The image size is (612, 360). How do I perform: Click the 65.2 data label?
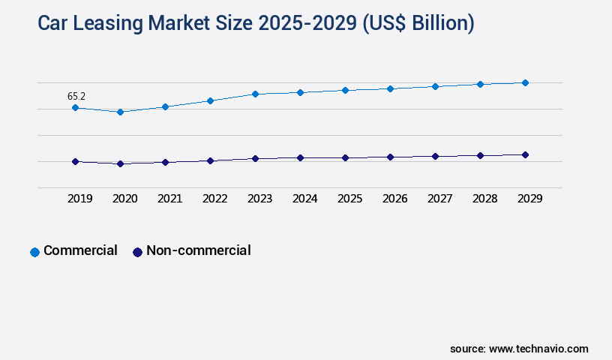pos(76,96)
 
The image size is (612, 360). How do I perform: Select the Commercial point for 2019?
pos(75,108)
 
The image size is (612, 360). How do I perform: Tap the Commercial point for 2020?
pos(120,112)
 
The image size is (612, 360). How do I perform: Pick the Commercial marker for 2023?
pos(255,94)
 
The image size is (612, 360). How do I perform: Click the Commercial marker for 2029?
pos(525,82)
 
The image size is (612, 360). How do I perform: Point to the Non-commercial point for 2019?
pos(75,161)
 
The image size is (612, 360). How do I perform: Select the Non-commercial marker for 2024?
pos(300,157)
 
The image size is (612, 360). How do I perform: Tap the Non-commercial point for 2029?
pos(525,154)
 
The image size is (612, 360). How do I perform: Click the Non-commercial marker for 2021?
pos(165,162)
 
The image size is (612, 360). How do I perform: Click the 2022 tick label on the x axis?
pos(214,199)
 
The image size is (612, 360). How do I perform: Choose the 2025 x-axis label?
pos(349,199)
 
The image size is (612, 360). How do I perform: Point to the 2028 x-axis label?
pos(484,199)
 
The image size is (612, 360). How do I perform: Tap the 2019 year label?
pos(79,199)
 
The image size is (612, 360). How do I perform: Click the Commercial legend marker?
pos(34,252)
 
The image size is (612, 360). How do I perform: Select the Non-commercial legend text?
pos(198,250)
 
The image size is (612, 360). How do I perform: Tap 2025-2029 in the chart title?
pos(307,24)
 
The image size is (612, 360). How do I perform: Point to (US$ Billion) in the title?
pos(418,24)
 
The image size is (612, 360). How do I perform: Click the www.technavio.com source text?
pos(538,349)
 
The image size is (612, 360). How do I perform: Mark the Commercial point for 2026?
pos(390,88)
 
